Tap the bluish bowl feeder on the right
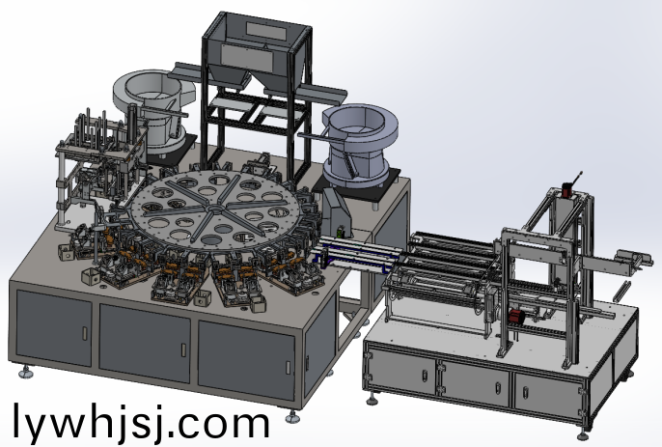(361, 145)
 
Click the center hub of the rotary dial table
(215, 209)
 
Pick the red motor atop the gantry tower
(567, 189)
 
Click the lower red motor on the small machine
(516, 317)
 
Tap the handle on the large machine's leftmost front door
(85, 333)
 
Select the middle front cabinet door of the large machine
(145, 343)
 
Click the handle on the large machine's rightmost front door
(288, 367)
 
